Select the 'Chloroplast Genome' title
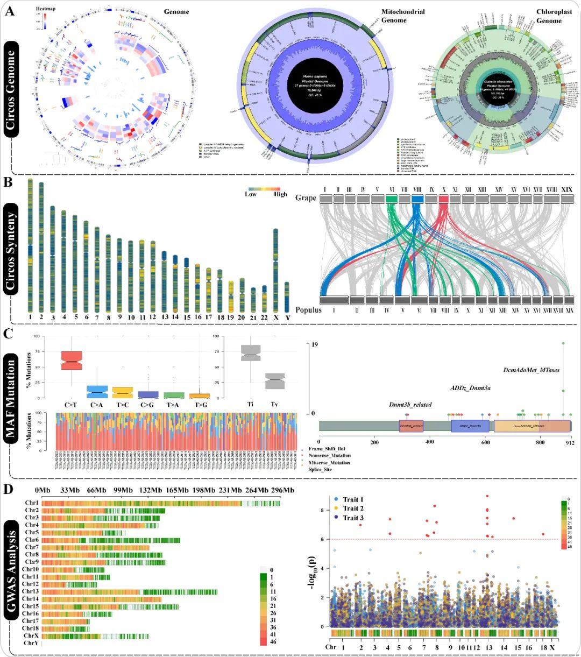tap(549, 16)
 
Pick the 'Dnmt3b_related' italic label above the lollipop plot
tap(410, 405)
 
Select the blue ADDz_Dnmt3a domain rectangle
tap(470, 426)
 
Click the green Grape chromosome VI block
tap(392, 199)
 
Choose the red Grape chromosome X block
tap(444, 199)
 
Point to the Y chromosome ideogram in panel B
tap(287, 296)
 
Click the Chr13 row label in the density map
tap(30, 592)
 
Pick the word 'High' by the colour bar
tap(280, 194)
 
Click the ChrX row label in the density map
tap(31, 636)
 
